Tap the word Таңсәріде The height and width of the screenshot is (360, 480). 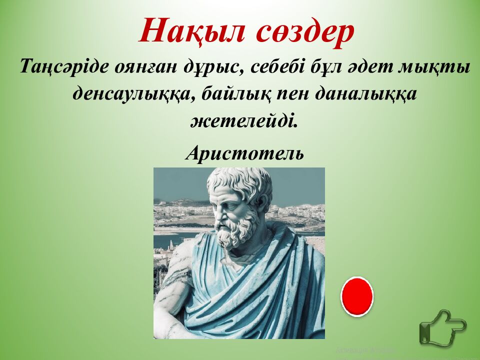point(64,66)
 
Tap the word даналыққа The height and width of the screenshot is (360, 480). point(366,94)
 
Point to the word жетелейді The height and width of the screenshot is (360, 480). point(244,120)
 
